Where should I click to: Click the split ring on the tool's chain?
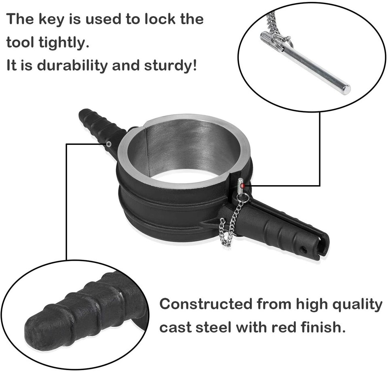(x=243, y=197)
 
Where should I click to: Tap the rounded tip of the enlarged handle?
(x=38, y=331)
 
